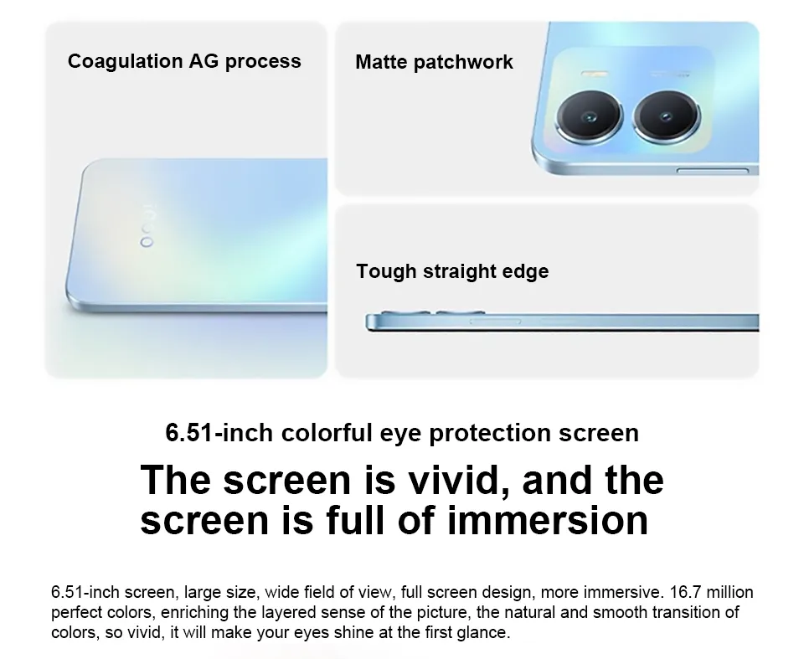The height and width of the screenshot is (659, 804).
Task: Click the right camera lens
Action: click(x=667, y=116)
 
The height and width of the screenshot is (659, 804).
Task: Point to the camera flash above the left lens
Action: click(x=595, y=74)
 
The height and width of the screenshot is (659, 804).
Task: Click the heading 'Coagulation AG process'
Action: click(x=184, y=61)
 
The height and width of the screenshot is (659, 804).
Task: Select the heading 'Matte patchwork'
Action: click(x=434, y=62)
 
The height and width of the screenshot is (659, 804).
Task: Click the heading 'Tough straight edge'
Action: click(x=452, y=271)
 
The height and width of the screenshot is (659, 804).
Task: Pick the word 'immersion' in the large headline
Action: click(x=548, y=520)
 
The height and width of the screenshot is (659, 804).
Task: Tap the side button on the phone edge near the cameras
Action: click(x=713, y=170)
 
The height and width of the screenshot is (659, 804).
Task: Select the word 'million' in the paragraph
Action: click(x=729, y=592)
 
